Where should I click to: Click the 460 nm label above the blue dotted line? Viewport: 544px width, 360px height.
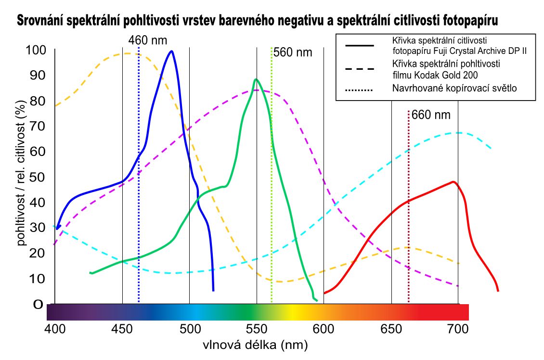(x=148, y=39)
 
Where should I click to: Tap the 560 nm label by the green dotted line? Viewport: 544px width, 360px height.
(x=293, y=52)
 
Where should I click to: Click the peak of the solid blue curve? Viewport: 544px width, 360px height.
(x=171, y=51)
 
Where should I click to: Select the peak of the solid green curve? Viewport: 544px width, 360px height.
(x=256, y=80)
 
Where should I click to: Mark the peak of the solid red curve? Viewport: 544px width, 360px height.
(x=453, y=182)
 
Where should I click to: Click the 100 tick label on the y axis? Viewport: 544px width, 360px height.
(x=36, y=50)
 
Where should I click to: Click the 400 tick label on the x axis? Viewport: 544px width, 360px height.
(x=55, y=329)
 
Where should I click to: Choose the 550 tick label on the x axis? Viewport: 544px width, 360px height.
(x=257, y=329)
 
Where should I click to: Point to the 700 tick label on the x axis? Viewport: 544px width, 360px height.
(x=458, y=329)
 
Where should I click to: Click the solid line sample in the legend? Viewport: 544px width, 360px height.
(x=360, y=45)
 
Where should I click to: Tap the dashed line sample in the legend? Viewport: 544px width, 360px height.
(x=360, y=69)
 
